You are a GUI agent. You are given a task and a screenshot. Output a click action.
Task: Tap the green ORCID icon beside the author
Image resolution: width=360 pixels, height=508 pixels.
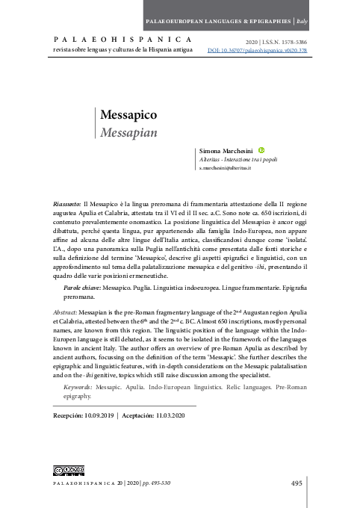click(x=261, y=150)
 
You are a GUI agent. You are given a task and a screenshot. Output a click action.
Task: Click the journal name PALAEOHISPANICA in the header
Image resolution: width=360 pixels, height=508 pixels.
click(x=121, y=39)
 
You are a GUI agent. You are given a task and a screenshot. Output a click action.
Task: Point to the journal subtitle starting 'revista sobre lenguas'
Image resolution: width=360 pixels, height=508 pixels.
click(x=122, y=50)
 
